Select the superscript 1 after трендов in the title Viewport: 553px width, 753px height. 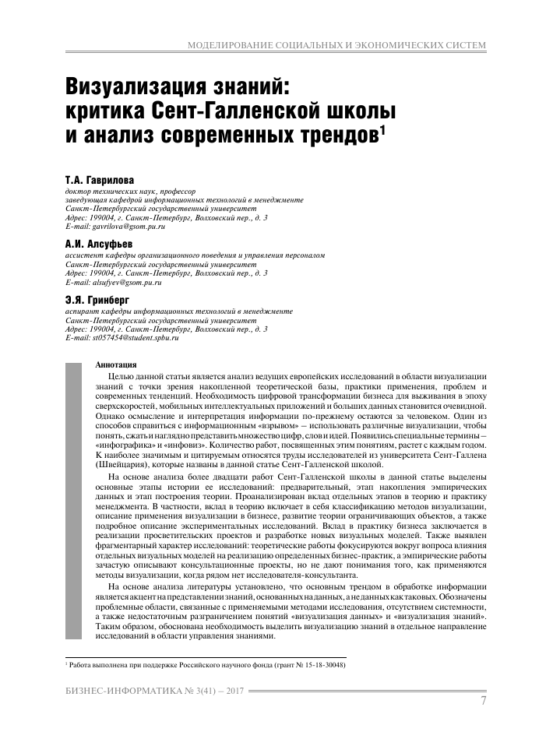[382, 128]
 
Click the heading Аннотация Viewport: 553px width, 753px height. [115, 364]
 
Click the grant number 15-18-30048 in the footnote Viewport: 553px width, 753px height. [320, 666]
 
